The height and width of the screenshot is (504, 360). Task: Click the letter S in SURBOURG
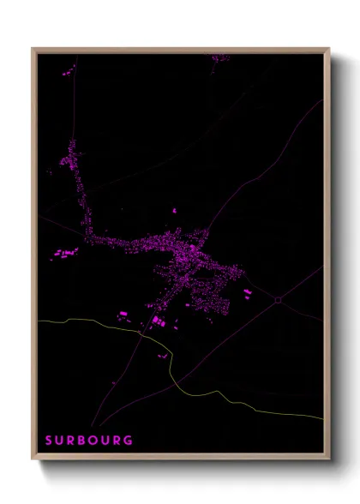click(x=50, y=441)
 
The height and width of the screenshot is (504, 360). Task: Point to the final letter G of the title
click(x=129, y=441)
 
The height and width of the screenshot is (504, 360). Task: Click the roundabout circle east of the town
click(x=279, y=299)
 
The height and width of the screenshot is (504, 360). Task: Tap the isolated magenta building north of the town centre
click(x=174, y=209)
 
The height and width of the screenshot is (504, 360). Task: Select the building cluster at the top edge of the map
click(x=220, y=57)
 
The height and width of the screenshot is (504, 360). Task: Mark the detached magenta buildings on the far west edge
click(x=65, y=254)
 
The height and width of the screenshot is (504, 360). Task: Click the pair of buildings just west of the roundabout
click(x=248, y=293)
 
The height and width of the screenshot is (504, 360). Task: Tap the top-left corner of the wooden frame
click(x=33, y=49)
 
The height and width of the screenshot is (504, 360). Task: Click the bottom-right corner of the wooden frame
click(x=329, y=459)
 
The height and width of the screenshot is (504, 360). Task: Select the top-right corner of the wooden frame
click(x=329, y=49)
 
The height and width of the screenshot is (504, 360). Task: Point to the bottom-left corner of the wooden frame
click(x=33, y=459)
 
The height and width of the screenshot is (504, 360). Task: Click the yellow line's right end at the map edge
click(x=323, y=418)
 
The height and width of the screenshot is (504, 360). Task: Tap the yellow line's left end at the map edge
click(x=38, y=321)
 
